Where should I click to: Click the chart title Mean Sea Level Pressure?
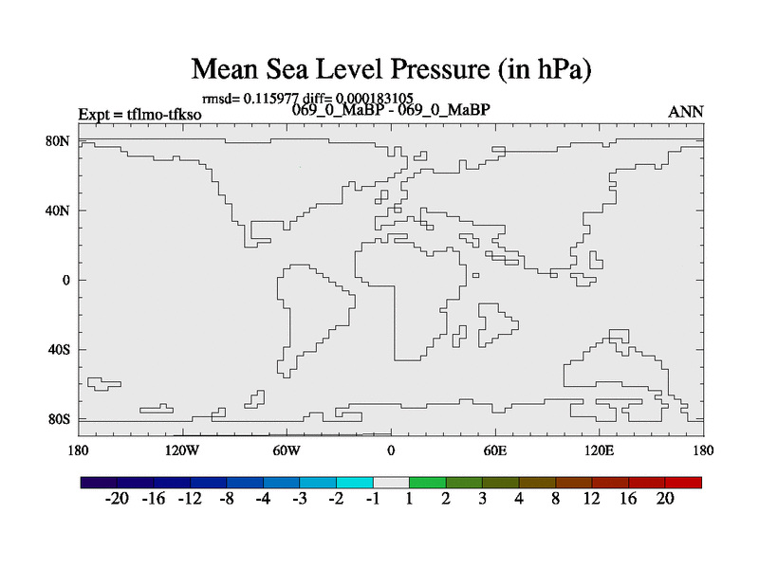391,69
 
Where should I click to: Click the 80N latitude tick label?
58,141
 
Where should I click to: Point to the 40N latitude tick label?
58,211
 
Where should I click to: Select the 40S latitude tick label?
58,350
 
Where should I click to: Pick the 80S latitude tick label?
58,419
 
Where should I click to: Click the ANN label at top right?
686,112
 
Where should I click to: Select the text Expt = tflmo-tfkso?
139,115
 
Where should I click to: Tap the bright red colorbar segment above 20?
683,483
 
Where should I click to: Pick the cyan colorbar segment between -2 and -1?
355,483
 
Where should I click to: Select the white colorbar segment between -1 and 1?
391,483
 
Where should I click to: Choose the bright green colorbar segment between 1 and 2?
428,483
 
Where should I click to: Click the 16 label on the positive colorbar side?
628,500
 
